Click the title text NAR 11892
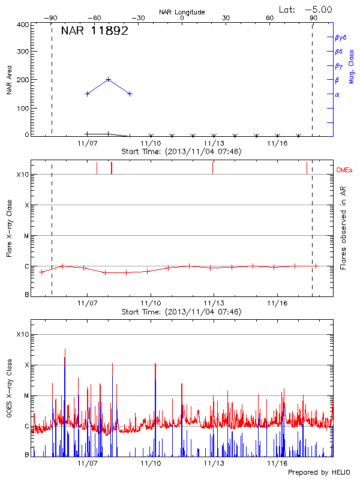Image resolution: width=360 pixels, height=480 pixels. (x=95, y=32)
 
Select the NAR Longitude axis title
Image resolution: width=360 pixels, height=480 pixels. (x=182, y=12)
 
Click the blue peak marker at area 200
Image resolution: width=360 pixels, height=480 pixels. (x=109, y=79)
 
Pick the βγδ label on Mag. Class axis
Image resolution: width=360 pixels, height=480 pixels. (x=340, y=37)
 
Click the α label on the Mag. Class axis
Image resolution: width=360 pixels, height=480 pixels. (x=337, y=94)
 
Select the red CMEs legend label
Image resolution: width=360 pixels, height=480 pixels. (x=345, y=170)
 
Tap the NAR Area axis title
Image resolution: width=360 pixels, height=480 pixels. (x=9, y=80)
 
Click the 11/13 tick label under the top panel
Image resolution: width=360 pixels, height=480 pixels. (x=214, y=143)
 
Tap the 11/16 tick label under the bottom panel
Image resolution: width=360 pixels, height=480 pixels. (x=277, y=464)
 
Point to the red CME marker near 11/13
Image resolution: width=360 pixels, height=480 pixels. (x=212, y=168)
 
